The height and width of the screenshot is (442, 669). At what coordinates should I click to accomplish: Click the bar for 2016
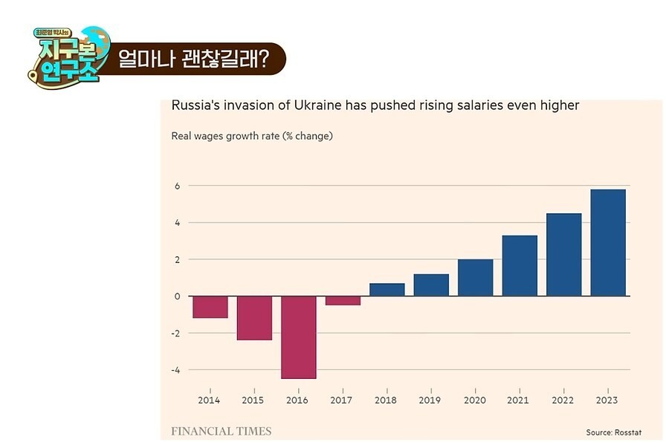(299, 337)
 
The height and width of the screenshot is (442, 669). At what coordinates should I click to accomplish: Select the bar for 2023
(608, 243)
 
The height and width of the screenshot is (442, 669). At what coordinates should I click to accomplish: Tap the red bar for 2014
(210, 307)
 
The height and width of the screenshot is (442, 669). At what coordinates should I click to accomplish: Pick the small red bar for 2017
(343, 301)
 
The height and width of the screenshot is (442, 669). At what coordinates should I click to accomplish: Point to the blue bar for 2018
(387, 290)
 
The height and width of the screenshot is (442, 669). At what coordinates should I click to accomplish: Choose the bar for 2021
(520, 266)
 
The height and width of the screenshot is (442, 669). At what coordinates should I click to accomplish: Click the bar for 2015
(254, 318)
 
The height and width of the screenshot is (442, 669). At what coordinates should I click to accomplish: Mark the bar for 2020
(476, 278)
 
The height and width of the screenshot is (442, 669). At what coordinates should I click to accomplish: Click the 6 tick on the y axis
(178, 186)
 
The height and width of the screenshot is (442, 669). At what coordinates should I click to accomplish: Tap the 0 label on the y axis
(178, 296)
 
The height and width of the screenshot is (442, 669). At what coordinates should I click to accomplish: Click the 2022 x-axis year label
(563, 400)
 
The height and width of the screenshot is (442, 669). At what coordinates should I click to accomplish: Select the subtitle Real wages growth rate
(252, 136)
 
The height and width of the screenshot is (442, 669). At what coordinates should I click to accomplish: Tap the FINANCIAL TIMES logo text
(222, 431)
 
